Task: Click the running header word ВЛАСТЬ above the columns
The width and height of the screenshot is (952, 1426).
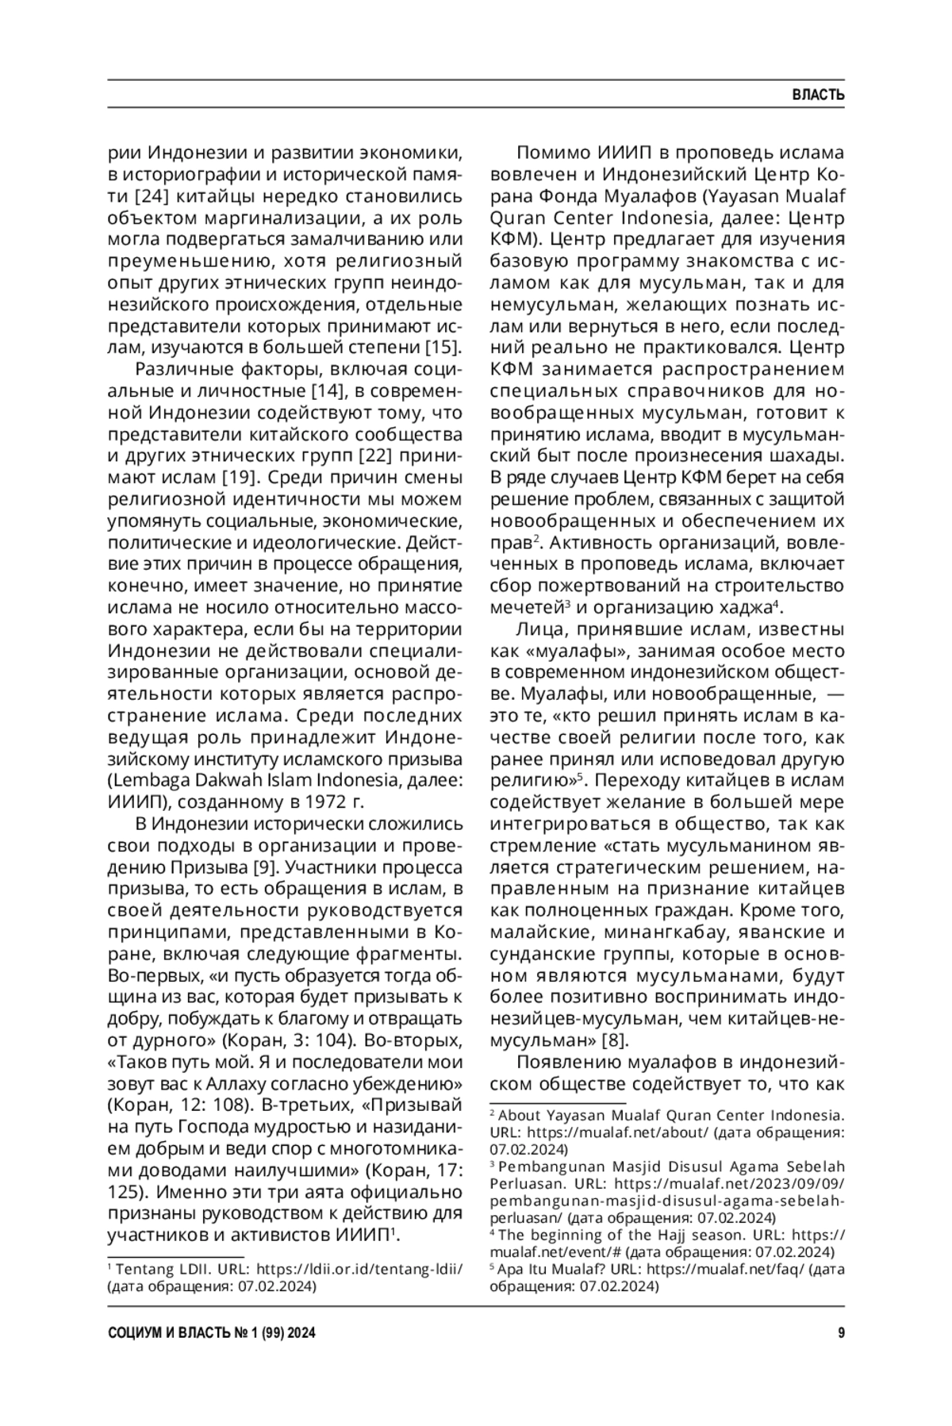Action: point(818,95)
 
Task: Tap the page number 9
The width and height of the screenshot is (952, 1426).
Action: point(841,1332)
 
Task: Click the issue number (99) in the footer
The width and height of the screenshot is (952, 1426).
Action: point(267,1332)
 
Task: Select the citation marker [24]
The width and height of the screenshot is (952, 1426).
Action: point(151,196)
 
